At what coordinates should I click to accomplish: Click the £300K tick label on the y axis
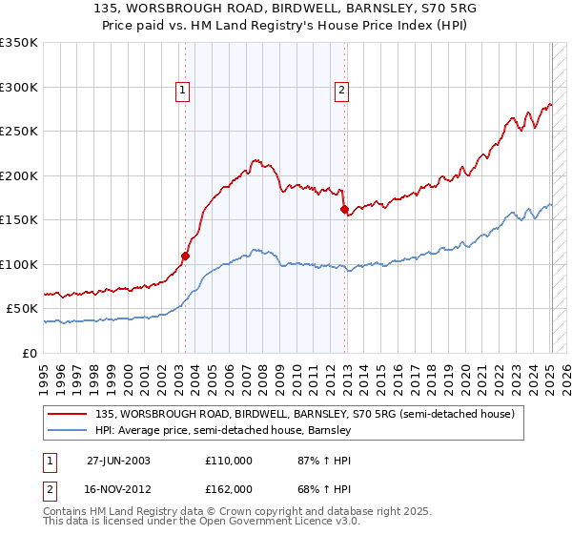click(x=19, y=87)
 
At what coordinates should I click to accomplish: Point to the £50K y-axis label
click(x=22, y=309)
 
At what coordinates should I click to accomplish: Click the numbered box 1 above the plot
click(x=182, y=91)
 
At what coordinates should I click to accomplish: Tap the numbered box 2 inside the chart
click(x=341, y=91)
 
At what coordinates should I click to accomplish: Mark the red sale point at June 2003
click(x=186, y=256)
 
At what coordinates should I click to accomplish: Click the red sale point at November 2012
click(x=344, y=210)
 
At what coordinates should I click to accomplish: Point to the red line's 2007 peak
click(x=255, y=160)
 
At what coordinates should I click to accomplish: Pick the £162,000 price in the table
click(x=229, y=488)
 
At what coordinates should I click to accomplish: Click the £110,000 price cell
click(x=229, y=460)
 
